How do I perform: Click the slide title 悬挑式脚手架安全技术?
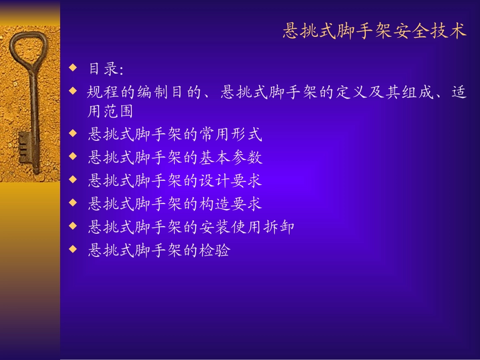pyautogui.click(x=374, y=31)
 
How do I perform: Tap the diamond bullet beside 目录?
pyautogui.click(x=74, y=67)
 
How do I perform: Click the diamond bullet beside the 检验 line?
pyautogui.click(x=74, y=249)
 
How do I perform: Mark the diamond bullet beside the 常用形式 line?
pyautogui.click(x=74, y=134)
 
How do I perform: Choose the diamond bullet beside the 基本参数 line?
pyautogui.click(x=74, y=157)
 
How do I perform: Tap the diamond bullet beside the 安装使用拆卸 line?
pyautogui.click(x=74, y=226)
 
